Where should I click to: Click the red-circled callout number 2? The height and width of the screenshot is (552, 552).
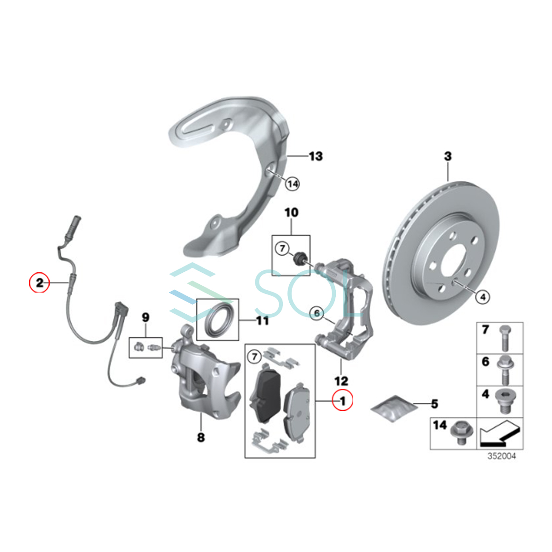tap(40, 282)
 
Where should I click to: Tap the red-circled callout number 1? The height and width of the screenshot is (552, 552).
tap(342, 401)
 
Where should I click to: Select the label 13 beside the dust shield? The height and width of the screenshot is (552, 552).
tap(316, 156)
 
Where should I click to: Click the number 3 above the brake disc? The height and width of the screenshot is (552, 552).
tap(448, 156)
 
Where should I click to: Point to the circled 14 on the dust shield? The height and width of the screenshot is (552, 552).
tap(292, 184)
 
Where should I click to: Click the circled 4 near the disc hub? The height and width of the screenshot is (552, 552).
tap(483, 297)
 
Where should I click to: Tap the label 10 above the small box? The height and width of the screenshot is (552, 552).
tap(292, 213)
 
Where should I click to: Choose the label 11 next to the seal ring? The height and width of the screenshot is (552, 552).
tap(262, 320)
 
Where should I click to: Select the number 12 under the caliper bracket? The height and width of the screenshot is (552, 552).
tap(341, 381)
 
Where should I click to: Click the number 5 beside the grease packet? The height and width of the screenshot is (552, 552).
tap(434, 404)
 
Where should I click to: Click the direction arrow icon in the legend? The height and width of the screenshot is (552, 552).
tap(500, 434)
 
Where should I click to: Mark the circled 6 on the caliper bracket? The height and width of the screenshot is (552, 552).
tap(317, 313)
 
